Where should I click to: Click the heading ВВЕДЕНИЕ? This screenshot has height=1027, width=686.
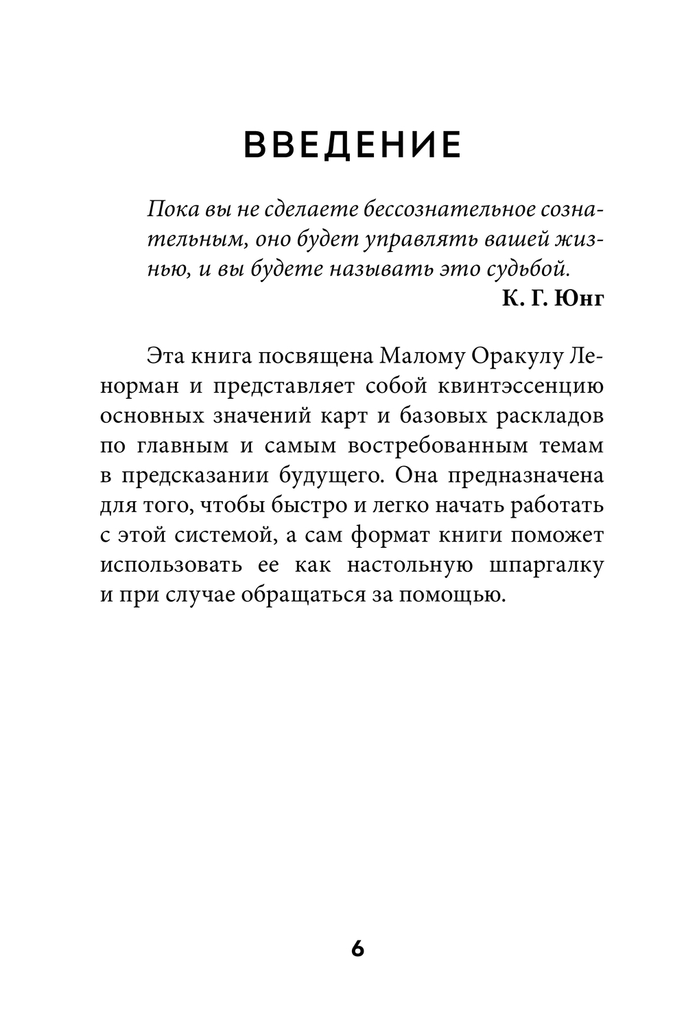coord(353,145)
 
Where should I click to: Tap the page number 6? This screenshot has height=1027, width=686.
coord(357,949)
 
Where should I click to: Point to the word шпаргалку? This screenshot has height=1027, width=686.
coord(545,565)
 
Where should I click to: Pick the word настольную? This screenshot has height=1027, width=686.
coord(410,565)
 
